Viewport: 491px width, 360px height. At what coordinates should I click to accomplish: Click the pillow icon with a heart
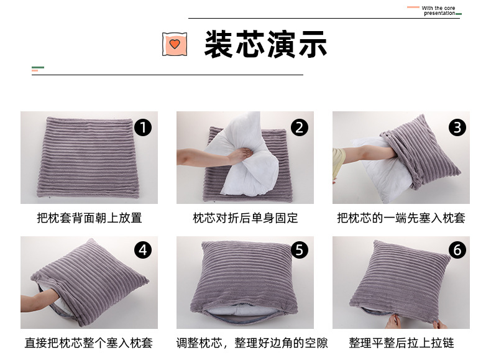click(x=175, y=44)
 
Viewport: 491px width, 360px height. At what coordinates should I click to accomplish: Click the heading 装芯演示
click(x=265, y=44)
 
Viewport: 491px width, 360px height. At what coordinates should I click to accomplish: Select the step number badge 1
click(x=143, y=128)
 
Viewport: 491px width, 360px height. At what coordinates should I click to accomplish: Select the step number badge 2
click(x=300, y=128)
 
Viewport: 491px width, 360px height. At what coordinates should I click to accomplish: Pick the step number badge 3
click(x=457, y=128)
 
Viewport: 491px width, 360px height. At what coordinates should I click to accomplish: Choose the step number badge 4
click(x=143, y=250)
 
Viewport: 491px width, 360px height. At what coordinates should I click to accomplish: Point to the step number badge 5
click(x=300, y=250)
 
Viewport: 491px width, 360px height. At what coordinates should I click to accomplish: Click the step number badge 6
click(x=457, y=250)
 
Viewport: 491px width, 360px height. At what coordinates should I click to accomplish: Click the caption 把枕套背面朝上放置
click(x=89, y=218)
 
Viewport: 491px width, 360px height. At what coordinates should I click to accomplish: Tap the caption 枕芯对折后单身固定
click(x=245, y=218)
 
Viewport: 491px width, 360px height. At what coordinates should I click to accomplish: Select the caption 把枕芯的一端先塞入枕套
click(x=401, y=218)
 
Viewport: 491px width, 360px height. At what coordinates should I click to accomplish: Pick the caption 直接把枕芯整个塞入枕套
click(x=89, y=343)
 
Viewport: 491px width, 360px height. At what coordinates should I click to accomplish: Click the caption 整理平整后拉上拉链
click(x=401, y=343)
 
